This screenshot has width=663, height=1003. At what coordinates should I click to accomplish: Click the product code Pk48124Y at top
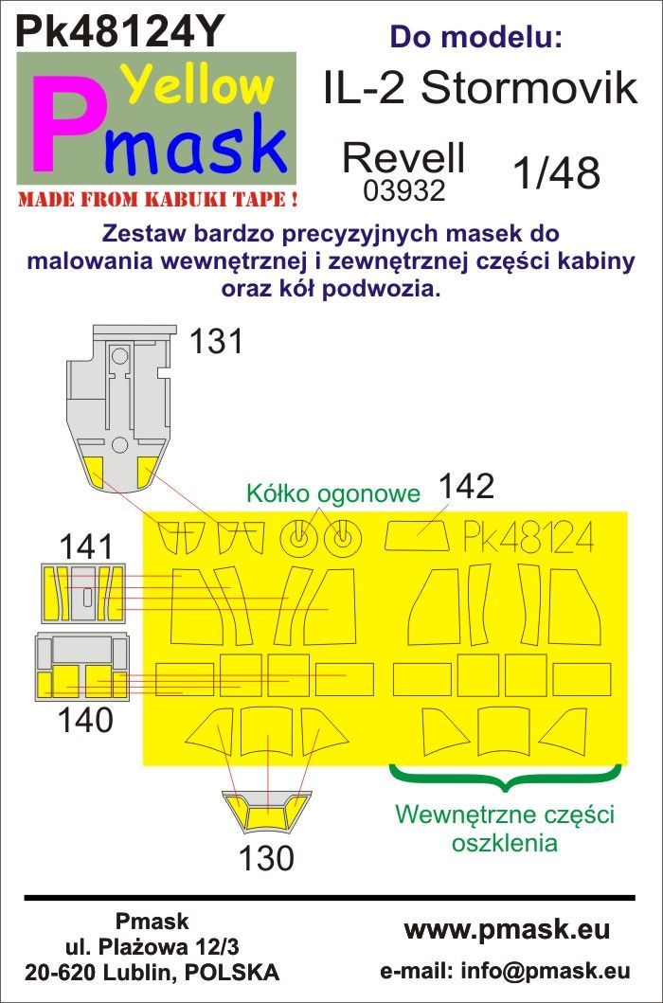click(x=120, y=30)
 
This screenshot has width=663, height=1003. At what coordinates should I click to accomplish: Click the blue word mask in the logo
click(x=195, y=147)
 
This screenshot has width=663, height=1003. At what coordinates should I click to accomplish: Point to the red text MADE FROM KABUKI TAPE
click(x=158, y=199)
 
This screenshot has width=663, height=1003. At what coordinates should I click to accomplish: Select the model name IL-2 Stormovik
click(x=480, y=89)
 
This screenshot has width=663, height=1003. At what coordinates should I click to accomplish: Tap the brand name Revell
click(x=403, y=158)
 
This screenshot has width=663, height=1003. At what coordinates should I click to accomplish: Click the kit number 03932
click(x=403, y=190)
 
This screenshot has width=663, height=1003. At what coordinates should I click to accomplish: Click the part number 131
click(x=216, y=342)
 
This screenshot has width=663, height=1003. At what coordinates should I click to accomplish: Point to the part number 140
click(x=85, y=720)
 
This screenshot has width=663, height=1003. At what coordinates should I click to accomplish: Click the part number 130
click(x=266, y=858)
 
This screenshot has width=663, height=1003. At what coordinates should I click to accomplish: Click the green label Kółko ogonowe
click(x=333, y=493)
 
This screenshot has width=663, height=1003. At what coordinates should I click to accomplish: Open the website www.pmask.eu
click(x=506, y=930)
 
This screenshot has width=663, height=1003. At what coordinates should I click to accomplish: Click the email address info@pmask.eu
click(x=506, y=971)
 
